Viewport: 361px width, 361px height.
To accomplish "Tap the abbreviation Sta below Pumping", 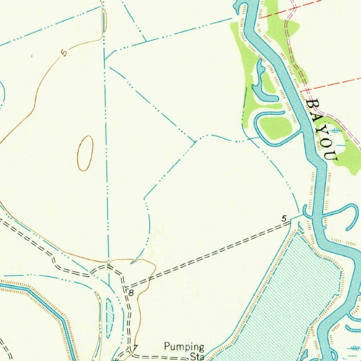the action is [197, 356].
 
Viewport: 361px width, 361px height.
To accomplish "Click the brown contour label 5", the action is [64, 53].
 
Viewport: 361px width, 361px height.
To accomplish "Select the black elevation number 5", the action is [284, 219].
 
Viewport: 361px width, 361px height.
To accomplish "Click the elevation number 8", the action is [131, 293].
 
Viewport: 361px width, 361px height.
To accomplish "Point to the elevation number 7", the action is [135, 348].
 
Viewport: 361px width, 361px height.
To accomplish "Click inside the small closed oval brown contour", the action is [85, 153].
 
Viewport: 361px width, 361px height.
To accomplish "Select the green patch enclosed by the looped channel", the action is [275, 127].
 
